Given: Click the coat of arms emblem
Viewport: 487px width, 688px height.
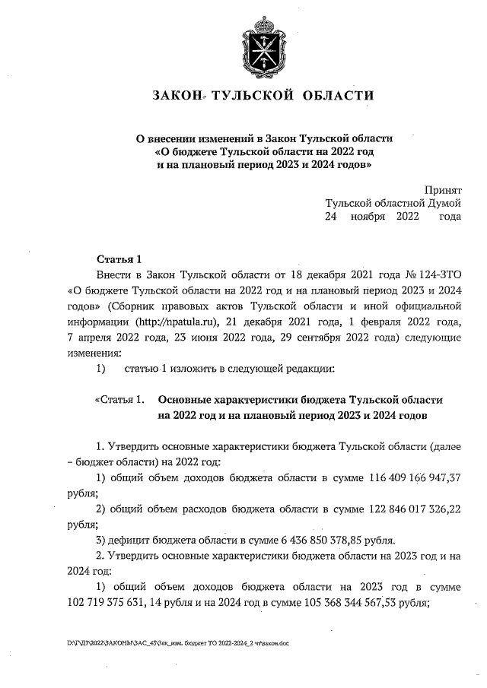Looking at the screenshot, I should click(x=264, y=45).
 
